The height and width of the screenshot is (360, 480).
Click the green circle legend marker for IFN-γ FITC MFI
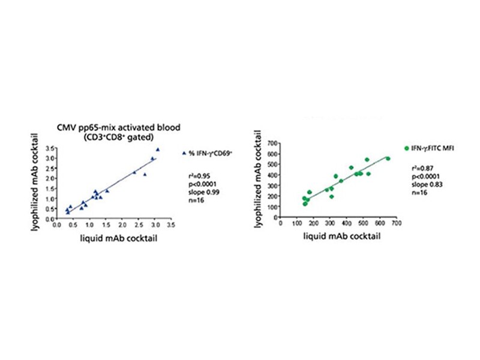406,148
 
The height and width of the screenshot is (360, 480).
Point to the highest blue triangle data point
158,149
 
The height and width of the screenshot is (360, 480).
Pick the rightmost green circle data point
388,158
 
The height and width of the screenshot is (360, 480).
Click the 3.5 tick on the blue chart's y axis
51,148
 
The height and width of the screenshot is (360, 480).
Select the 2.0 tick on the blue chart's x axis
122,227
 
